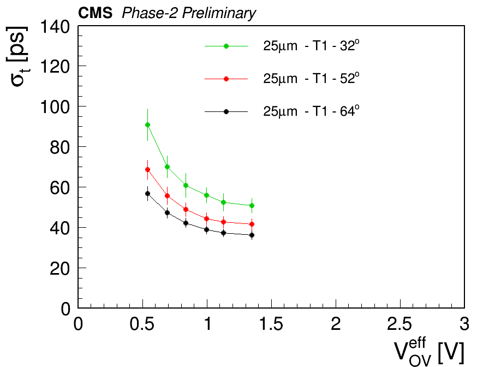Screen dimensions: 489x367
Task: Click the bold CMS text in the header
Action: click(95, 13)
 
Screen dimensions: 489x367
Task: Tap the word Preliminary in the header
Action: click(219, 14)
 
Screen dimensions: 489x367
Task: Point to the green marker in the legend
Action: click(226, 46)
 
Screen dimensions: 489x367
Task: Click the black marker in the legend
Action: click(226, 111)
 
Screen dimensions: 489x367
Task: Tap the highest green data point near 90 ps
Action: click(147, 125)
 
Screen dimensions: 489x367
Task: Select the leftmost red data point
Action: click(147, 169)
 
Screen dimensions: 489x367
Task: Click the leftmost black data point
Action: click(147, 193)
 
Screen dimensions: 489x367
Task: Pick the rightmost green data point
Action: click(252, 206)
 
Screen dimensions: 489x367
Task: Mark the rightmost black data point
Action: click(252, 235)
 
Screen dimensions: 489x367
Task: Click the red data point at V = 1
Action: click(206, 219)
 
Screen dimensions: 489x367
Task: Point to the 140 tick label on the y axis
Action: click(55, 27)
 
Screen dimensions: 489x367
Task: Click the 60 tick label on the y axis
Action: click(60, 188)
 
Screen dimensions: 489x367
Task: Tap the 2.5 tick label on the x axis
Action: click(399, 324)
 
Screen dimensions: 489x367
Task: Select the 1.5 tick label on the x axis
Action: click(271, 324)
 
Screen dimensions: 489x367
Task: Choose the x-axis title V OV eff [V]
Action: click(429, 352)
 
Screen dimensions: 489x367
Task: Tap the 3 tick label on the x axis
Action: click(464, 324)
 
